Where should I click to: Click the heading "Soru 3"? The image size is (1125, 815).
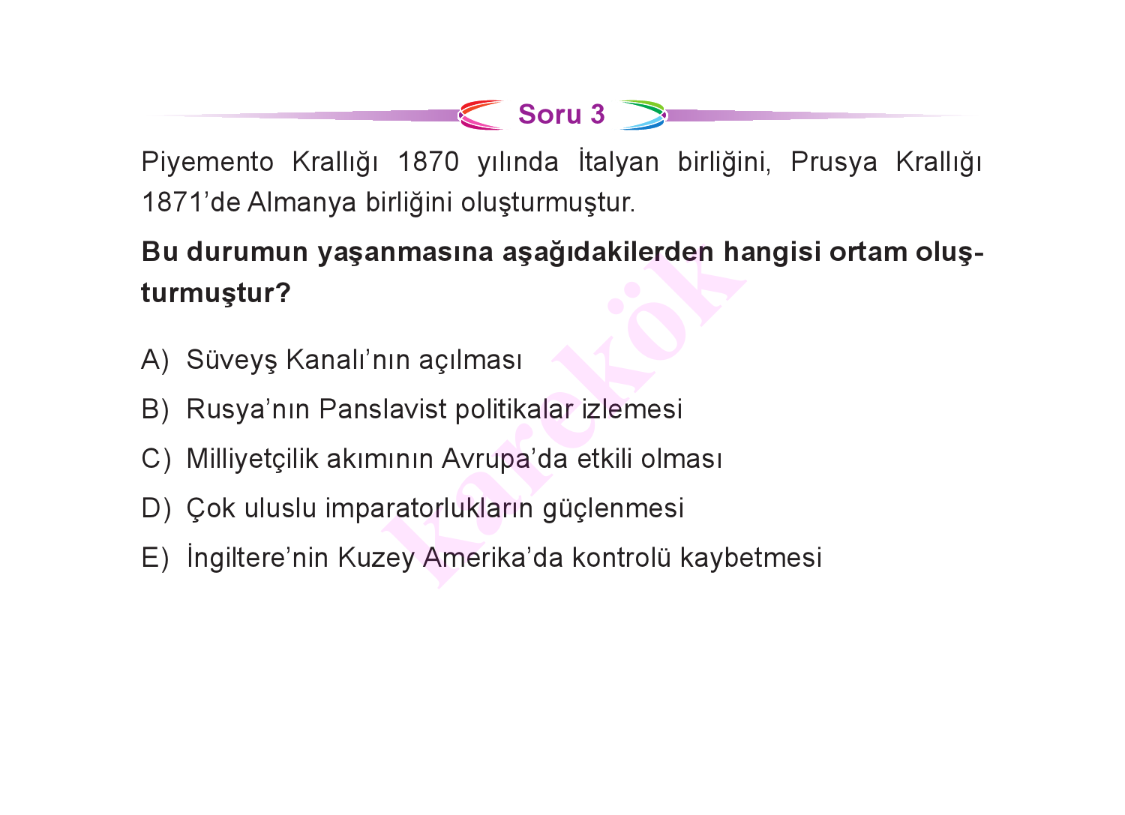(561, 115)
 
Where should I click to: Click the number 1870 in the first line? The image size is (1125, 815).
(428, 162)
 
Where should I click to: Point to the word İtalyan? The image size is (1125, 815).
(619, 162)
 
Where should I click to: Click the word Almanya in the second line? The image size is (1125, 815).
(301, 203)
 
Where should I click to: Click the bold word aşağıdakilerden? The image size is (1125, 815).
(607, 253)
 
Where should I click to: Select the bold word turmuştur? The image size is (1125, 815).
(216, 292)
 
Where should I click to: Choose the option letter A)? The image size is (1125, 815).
(155, 361)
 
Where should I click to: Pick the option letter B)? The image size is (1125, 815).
(155, 410)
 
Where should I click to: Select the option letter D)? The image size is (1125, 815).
(156, 508)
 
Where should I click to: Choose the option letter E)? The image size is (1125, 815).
(155, 558)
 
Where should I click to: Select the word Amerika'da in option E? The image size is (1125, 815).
(493, 558)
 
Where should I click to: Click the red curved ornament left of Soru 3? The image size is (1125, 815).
(480, 115)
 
